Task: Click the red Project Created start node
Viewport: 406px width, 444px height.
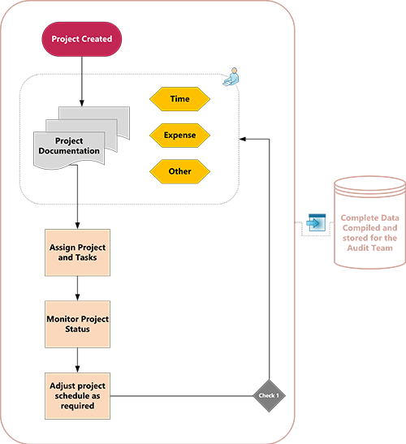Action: pos(81,39)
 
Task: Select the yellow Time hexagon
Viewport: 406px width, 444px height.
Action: pos(179,99)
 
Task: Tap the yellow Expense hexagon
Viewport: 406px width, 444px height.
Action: pos(179,135)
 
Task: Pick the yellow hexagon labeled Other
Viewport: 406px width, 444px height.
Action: pos(179,171)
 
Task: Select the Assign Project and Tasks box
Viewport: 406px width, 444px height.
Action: pos(77,252)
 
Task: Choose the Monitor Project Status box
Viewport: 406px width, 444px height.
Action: pos(77,324)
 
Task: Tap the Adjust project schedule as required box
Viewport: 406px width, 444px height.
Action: pos(77,396)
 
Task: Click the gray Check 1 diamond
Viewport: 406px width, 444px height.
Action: pos(269,395)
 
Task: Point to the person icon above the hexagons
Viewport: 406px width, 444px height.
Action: pos(231,77)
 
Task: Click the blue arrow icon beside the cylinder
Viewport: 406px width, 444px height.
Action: pos(316,222)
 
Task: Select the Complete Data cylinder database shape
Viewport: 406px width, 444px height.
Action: pos(369,222)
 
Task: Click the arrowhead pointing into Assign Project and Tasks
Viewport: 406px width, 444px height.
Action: pos(77,226)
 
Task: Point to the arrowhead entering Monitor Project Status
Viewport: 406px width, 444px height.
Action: pos(77,297)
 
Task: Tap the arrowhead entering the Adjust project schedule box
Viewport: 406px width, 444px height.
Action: pos(77,369)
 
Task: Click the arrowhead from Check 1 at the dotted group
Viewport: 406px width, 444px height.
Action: pos(243,139)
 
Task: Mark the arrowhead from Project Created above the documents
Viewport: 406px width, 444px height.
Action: pos(82,103)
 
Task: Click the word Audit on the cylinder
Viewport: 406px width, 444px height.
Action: pos(356,248)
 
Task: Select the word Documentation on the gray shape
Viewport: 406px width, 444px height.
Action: pos(69,151)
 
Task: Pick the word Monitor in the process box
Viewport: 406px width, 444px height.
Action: pos(63,319)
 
